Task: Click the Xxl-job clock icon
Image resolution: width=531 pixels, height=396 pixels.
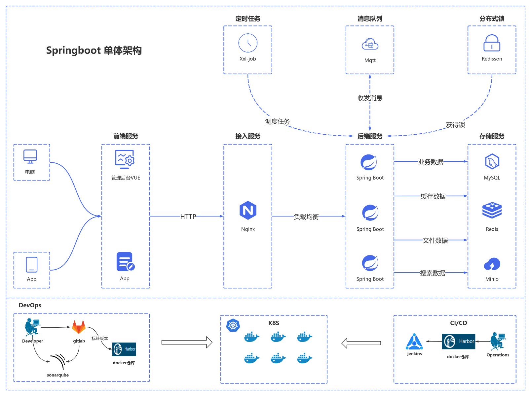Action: click(248, 43)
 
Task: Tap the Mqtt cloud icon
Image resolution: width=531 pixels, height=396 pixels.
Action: click(370, 44)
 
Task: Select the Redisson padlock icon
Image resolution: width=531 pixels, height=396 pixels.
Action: click(492, 43)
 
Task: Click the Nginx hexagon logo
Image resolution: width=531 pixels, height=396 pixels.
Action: click(248, 210)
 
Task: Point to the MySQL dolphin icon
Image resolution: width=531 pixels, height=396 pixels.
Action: click(492, 162)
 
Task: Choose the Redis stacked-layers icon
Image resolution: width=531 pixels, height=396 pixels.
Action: click(492, 210)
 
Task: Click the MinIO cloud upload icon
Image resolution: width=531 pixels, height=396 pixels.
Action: click(492, 264)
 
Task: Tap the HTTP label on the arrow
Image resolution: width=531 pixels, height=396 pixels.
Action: click(188, 216)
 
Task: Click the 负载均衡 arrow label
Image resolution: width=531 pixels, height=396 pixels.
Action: click(306, 217)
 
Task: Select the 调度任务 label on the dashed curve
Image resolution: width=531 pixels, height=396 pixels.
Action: click(278, 121)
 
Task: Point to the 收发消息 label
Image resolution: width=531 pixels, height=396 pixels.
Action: click(370, 98)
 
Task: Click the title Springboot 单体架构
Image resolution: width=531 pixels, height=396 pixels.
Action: click(94, 50)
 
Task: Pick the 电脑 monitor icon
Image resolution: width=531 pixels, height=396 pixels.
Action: click(30, 156)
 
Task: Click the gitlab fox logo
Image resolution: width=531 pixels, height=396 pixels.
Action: click(79, 327)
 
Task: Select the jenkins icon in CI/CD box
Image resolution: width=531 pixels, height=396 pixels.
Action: click(414, 342)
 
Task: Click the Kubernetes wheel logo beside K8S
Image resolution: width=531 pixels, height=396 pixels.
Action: click(233, 325)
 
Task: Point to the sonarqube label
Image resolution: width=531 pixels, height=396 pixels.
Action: click(58, 375)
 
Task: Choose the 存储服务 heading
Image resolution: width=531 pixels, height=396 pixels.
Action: click(492, 136)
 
